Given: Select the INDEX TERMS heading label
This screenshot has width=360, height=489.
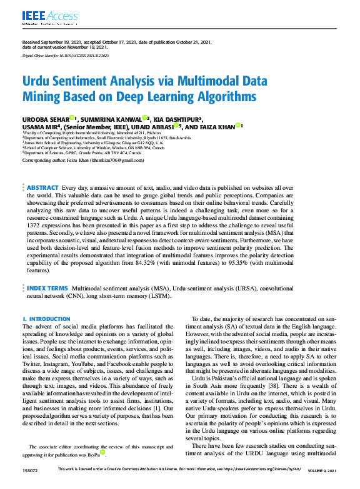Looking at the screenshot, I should tap(47, 289).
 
